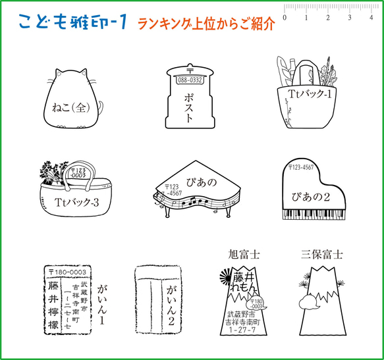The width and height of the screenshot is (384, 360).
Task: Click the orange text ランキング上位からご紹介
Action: click(206, 24)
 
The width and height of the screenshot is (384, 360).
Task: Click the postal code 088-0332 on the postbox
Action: click(190, 80)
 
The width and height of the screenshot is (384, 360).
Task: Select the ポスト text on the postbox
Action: click(190, 106)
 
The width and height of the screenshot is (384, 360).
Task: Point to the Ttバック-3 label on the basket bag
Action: click(77, 202)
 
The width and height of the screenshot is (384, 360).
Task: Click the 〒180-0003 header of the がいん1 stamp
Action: click(67, 271)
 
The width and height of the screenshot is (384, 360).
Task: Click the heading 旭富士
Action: click(244, 253)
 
